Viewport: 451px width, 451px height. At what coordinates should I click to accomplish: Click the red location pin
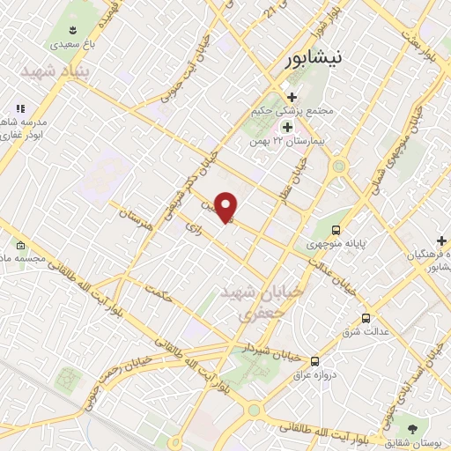tap(225, 207)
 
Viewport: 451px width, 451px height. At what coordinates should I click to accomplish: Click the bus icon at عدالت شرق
tap(366, 318)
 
